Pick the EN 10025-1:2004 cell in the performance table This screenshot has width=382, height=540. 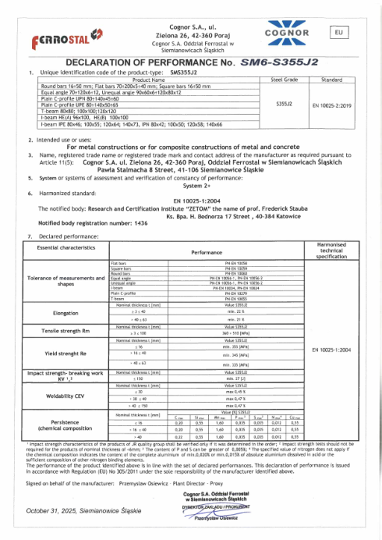[336, 349]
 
